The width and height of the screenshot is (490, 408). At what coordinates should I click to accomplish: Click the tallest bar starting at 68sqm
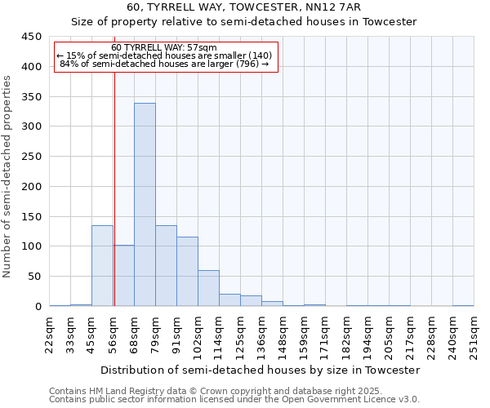point(145,205)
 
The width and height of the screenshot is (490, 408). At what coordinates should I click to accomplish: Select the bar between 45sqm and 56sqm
point(102,265)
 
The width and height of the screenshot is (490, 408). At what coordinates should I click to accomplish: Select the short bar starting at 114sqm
point(229,299)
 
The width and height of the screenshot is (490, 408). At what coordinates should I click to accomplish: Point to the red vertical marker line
point(114,188)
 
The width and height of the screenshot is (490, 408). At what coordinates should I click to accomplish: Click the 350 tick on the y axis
point(32,97)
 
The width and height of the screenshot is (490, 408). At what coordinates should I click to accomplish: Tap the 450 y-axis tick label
point(32,37)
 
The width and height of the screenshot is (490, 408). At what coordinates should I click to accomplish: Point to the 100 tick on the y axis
point(32,246)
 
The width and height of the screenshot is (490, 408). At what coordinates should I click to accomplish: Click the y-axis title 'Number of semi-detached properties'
point(8,176)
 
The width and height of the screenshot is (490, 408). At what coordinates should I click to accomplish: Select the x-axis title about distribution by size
point(261,370)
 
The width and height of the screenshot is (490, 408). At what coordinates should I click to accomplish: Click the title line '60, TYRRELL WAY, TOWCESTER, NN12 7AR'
point(244,7)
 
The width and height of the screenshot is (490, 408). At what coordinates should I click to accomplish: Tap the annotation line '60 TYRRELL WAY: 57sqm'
point(164,48)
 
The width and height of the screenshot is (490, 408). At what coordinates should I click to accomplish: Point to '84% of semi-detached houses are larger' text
point(164,64)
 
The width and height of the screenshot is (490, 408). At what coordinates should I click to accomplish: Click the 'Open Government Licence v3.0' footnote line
point(234,400)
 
